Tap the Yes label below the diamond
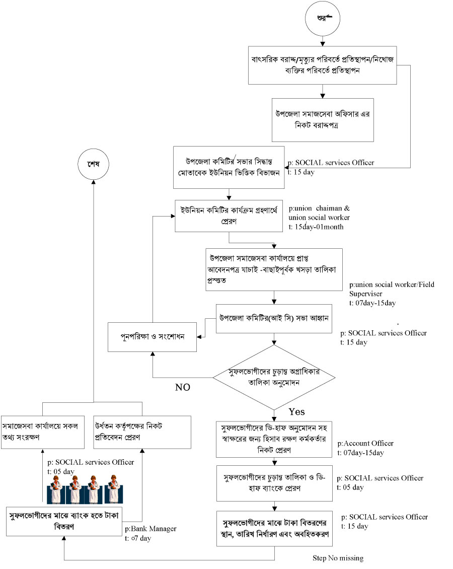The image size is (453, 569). (296, 411)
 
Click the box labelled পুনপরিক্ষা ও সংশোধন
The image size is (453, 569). (153, 336)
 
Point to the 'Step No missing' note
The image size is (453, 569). (338, 558)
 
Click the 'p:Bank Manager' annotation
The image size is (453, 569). (150, 529)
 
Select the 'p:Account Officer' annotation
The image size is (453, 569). (365, 444)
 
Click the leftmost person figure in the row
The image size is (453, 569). (57, 488)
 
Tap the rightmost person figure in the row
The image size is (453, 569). (113, 488)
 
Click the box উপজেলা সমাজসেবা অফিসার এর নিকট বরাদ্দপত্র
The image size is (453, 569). (323, 119)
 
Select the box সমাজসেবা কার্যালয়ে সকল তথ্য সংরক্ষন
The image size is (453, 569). (42, 432)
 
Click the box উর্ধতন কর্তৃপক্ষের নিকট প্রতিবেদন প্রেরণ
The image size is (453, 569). (142, 432)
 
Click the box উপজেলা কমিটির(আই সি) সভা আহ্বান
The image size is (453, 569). (274, 319)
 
